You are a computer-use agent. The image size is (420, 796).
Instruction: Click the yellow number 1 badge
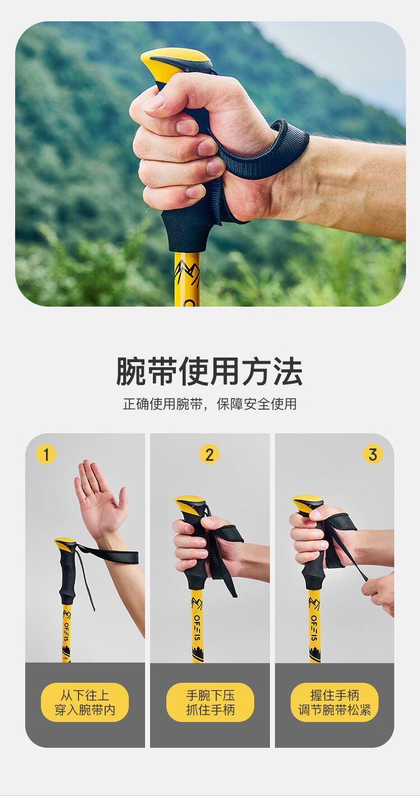click(46, 455)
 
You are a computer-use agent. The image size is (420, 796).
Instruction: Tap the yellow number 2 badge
click(209, 455)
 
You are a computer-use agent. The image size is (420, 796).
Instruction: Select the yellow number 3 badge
click(373, 455)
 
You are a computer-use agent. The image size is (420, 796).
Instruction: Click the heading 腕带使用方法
click(209, 372)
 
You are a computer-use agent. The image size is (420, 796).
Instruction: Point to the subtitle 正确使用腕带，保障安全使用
click(209, 404)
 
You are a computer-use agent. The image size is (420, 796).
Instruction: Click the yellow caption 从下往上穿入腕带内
click(85, 702)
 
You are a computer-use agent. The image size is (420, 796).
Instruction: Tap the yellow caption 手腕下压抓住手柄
click(210, 702)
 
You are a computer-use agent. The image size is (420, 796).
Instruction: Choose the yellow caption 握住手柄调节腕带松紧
click(335, 702)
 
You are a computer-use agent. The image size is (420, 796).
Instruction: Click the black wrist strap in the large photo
click(263, 156)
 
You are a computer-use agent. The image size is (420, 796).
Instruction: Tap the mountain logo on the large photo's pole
click(188, 273)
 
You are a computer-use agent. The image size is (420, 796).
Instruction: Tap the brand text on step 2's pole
click(197, 628)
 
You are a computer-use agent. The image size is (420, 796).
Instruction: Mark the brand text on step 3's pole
click(314, 628)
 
